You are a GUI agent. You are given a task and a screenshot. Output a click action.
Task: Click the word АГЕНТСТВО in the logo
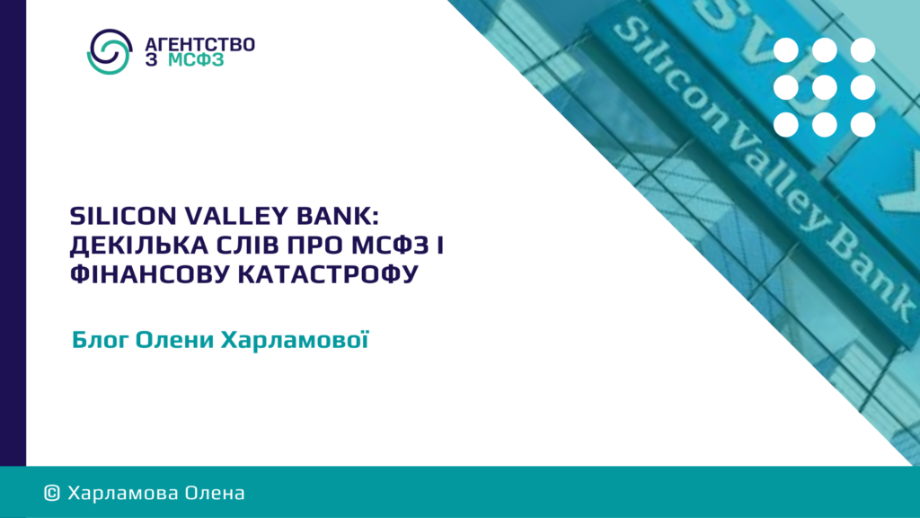199,45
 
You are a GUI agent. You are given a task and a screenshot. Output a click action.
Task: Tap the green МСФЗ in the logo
196,60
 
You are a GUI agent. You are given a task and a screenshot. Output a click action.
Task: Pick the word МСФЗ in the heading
390,245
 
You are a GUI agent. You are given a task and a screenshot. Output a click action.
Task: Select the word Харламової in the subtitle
295,339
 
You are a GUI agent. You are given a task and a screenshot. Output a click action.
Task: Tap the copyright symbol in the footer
51,493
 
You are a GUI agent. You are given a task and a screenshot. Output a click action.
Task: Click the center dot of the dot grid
825,88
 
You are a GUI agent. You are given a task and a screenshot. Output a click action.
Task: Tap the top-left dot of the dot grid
785,50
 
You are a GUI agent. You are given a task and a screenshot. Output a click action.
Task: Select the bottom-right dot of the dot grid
862,124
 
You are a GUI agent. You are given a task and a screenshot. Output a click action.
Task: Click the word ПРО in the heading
315,245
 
